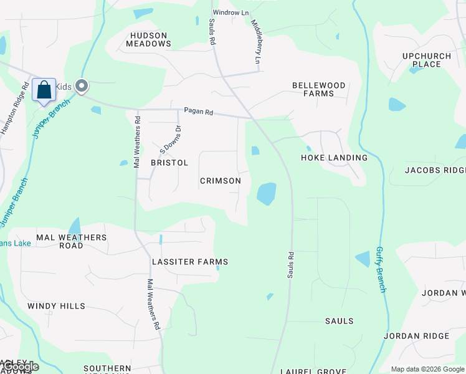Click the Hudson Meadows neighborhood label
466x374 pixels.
tap(148, 40)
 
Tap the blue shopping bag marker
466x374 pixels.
tap(44, 90)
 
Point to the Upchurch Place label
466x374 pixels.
tap(426, 60)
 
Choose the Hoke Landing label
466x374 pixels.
tap(334, 158)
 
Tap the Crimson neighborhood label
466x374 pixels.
tap(220, 181)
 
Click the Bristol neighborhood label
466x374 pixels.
tap(169, 163)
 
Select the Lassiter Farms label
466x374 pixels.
tap(190, 262)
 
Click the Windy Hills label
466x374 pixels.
tap(56, 306)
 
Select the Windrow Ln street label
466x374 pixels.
tap(231, 12)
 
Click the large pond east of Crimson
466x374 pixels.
tap(266, 194)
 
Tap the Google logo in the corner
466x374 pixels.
tap(20, 367)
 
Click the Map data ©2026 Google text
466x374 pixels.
tap(427, 369)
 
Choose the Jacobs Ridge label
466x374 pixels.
tap(435, 170)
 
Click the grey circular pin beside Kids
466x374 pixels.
tap(81, 86)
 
